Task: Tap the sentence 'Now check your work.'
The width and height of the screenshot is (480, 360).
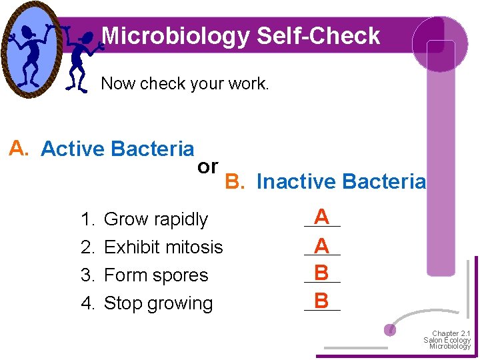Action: (x=185, y=84)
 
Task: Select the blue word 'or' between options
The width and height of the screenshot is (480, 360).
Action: (x=207, y=167)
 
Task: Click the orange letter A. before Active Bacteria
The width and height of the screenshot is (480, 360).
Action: (x=19, y=149)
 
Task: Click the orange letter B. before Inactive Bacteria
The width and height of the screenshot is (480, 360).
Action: (x=235, y=181)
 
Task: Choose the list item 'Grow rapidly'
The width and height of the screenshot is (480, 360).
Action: (x=156, y=219)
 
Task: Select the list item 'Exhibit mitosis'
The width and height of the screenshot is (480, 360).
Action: (x=163, y=247)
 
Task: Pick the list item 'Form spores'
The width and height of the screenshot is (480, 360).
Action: (x=156, y=275)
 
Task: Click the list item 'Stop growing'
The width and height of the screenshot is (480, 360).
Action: (x=159, y=303)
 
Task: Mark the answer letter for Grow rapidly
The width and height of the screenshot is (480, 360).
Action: (x=322, y=217)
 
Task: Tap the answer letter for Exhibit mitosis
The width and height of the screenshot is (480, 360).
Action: (x=322, y=245)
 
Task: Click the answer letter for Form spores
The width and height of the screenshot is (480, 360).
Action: (x=322, y=273)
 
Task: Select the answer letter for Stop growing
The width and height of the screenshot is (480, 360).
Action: (x=322, y=301)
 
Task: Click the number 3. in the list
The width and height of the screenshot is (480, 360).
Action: (x=88, y=275)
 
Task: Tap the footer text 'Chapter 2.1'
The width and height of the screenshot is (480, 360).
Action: (x=451, y=333)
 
